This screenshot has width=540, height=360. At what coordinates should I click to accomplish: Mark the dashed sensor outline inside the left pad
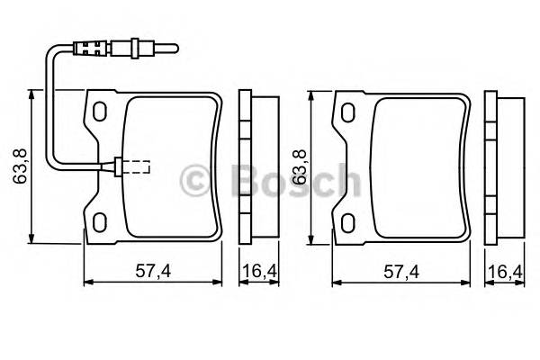(x=137, y=166)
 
